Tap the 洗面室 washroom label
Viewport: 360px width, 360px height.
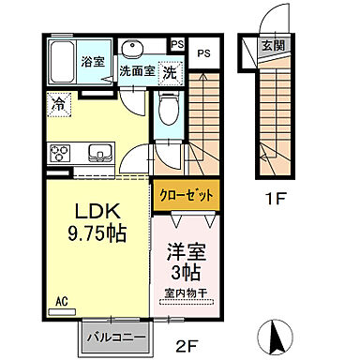pyautogui.click(x=137, y=70)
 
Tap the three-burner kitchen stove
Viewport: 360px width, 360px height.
pyautogui.click(x=60, y=153)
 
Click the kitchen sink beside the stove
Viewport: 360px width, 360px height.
pyautogui.click(x=98, y=153)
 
